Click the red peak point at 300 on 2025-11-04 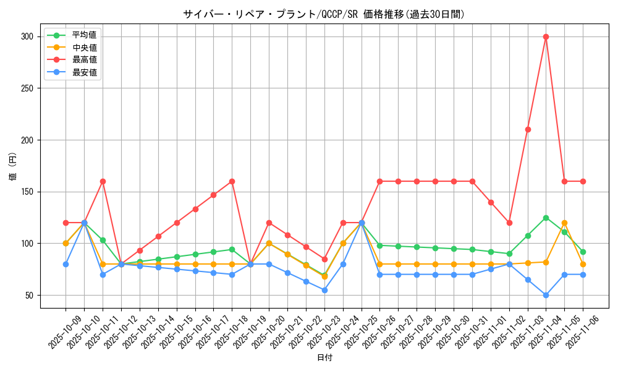(546, 36)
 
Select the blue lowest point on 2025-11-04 (546, 295)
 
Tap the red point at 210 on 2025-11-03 (528, 129)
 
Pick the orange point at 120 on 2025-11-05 (564, 223)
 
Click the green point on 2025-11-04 (546, 218)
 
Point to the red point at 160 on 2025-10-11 (103, 181)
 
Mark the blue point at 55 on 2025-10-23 (324, 290)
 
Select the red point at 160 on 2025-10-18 (232, 181)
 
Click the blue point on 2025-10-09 (66, 264)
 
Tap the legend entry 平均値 (84, 35)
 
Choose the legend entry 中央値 (84, 47)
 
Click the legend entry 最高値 (84, 60)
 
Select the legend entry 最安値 (84, 72)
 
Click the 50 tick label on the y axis (28, 295)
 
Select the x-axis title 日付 (324, 358)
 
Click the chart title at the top (324, 14)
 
